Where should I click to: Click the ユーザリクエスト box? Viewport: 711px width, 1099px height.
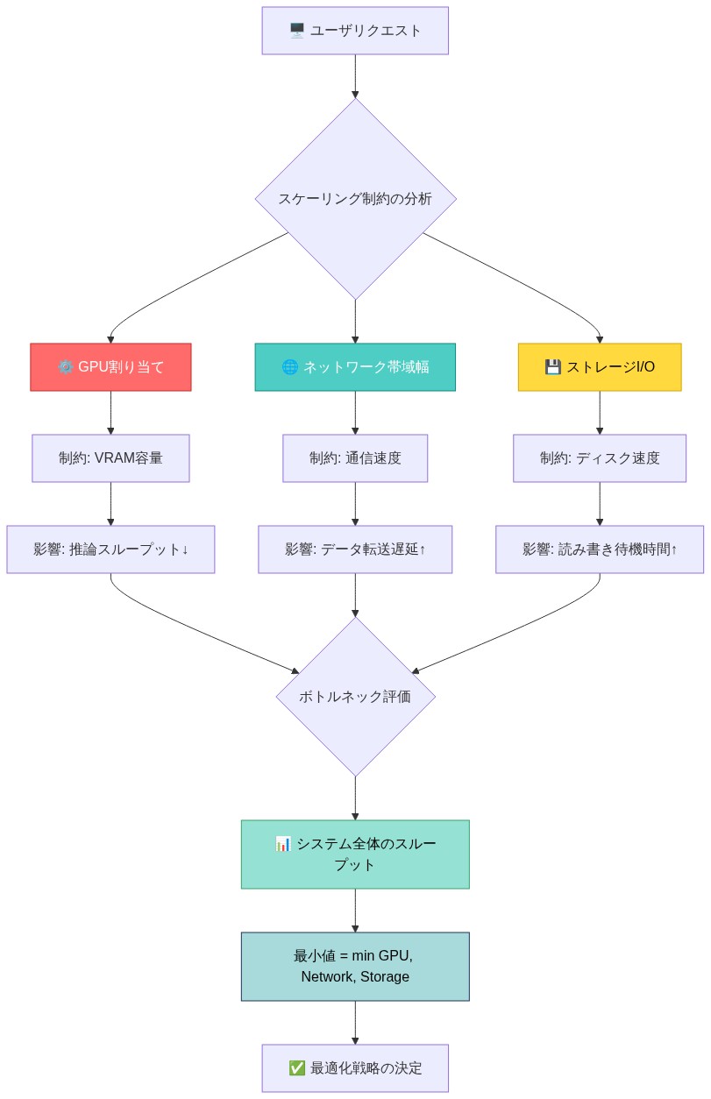(x=355, y=31)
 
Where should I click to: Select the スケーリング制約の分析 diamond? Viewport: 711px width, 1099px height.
(x=355, y=199)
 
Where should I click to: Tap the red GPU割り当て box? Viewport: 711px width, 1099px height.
(x=110, y=367)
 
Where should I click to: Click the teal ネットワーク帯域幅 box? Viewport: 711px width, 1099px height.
(x=355, y=367)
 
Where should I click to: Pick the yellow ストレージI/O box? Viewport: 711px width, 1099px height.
(x=600, y=367)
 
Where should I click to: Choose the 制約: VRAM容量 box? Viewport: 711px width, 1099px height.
(x=110, y=458)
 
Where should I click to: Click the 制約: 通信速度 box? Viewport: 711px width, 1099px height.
(x=355, y=458)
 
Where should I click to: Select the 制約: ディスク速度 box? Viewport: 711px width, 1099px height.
(x=600, y=458)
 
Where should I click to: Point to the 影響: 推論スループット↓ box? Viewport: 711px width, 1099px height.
(x=110, y=549)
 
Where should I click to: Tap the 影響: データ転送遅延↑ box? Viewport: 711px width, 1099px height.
(x=355, y=549)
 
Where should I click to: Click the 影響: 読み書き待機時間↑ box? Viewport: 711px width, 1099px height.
(x=600, y=549)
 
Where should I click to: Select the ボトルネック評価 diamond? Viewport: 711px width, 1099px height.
(x=355, y=697)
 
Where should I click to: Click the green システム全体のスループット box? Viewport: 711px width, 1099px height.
(x=355, y=854)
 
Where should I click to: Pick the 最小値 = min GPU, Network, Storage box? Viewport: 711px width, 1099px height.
(x=355, y=967)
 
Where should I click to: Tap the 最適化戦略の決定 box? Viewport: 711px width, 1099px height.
(x=355, y=1068)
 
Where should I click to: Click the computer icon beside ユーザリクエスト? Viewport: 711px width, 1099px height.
(x=297, y=31)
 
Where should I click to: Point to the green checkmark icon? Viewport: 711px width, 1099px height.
(x=296, y=1068)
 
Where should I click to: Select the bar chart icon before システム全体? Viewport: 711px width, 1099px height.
(x=283, y=844)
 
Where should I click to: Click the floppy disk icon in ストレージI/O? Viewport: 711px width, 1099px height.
(x=552, y=367)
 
